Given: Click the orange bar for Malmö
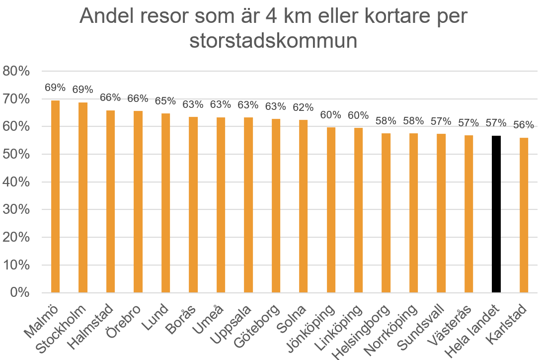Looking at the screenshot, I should (x=55, y=196).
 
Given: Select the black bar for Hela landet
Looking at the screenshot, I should (x=496, y=214).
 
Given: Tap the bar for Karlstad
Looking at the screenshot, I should (x=524, y=215).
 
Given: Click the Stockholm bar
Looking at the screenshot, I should (x=82, y=197).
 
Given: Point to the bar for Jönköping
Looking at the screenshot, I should (x=331, y=210).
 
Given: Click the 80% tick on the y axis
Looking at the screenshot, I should (x=16, y=71).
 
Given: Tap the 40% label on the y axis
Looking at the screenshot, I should (x=16, y=182).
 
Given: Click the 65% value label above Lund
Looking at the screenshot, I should (x=165, y=101).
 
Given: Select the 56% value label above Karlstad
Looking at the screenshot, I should (x=524, y=125).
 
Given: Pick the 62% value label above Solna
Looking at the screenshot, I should (x=303, y=107).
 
